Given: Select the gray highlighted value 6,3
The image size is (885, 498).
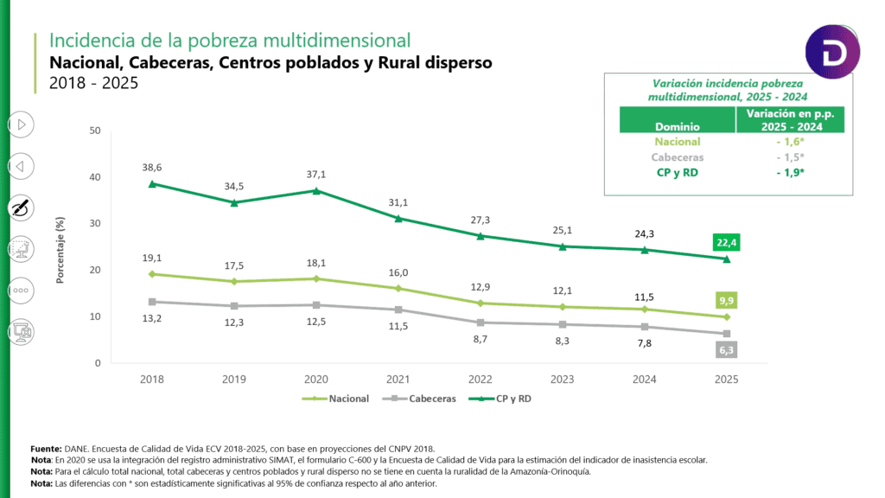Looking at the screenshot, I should click(x=725, y=350).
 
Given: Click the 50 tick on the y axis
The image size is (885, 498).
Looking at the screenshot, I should click(x=95, y=131).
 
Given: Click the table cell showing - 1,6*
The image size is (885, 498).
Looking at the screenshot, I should click(x=789, y=142).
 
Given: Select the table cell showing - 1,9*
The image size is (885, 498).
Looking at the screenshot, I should click(x=789, y=172).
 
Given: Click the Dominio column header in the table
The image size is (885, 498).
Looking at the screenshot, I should click(x=677, y=126).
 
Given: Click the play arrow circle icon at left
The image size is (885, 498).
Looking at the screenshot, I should click(x=21, y=124).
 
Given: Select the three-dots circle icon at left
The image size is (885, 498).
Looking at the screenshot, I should click(x=21, y=290).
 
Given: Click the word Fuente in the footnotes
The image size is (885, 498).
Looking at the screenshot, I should click(x=45, y=450).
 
